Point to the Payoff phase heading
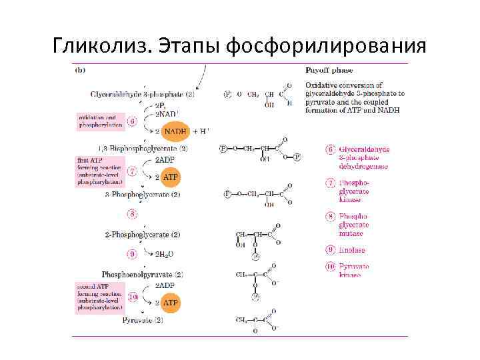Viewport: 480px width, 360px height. tap(329, 70)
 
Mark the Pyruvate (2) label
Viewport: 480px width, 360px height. tap(143, 321)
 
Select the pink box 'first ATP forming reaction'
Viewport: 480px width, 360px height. tap(99, 170)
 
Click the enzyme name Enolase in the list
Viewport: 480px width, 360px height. tap(353, 250)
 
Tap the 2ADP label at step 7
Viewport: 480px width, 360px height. tap(165, 160)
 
